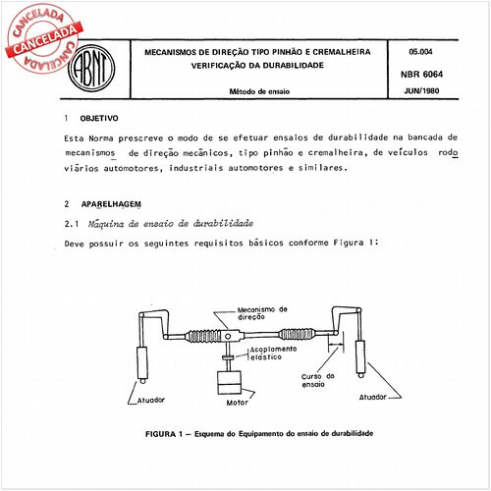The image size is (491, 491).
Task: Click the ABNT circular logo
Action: (89, 70)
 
